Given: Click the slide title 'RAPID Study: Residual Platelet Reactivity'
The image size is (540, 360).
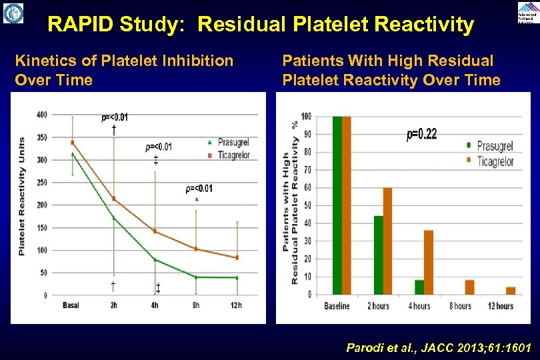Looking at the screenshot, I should click(261, 25).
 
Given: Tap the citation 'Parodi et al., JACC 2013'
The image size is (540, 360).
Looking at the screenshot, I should click(439, 347).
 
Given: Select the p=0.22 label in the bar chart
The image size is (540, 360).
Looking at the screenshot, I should click(421, 135).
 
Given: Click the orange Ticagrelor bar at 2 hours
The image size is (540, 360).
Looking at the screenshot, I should click(387, 241).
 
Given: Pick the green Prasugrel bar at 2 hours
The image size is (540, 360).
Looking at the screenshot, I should click(378, 255).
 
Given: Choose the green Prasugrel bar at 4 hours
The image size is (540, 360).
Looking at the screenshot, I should click(419, 287).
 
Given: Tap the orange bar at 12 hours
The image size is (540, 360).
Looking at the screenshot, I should click(510, 290).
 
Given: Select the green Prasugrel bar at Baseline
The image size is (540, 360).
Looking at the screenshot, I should click(337, 205).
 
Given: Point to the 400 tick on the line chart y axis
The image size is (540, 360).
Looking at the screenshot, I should click(41, 115).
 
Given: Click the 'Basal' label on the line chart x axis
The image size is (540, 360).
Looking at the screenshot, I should click(71, 306).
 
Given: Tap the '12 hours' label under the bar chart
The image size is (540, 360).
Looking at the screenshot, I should click(501, 306).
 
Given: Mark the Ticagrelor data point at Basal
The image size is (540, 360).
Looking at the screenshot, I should click(72, 143).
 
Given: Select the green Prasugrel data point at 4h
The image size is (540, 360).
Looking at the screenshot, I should click(155, 259).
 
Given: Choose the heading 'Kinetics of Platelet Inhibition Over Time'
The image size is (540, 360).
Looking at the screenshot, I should click(124, 71).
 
